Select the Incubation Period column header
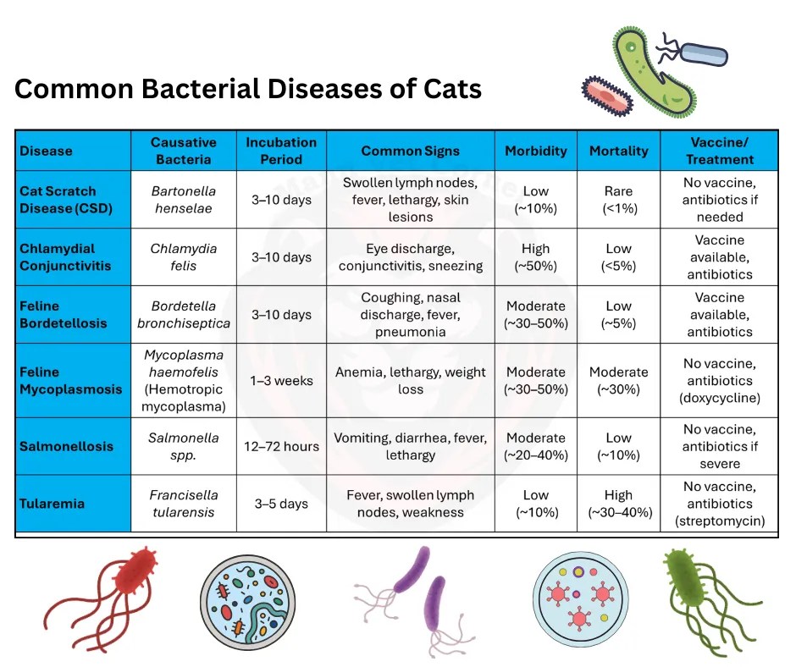[281, 151]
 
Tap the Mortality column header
[618, 151]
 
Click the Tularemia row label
[52, 504]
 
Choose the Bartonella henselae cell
[184, 200]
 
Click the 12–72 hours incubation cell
[281, 446]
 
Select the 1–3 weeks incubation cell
[281, 381]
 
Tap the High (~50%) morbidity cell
[536, 257]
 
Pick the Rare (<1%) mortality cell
[618, 200]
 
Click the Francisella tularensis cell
[184, 504]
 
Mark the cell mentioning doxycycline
[720, 381]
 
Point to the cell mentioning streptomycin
[720, 504]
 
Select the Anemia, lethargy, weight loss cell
[411, 381]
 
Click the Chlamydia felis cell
[184, 257]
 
